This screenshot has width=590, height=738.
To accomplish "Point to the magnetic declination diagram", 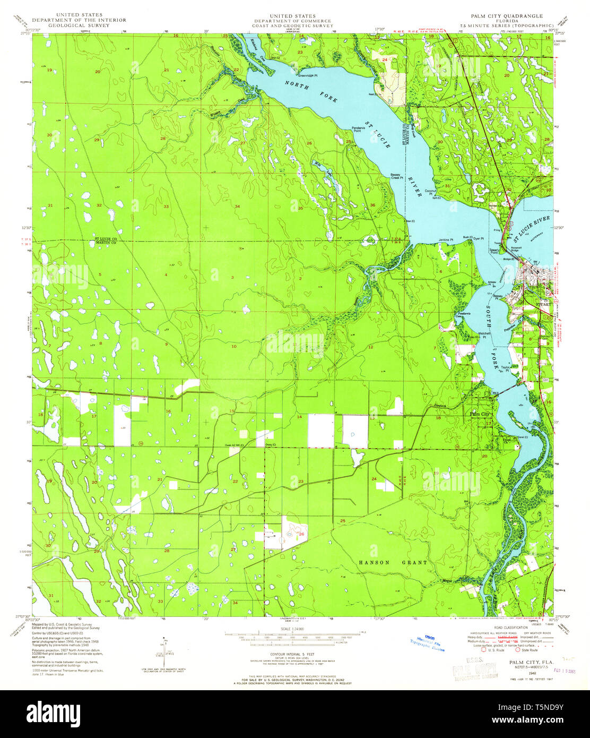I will [164, 653].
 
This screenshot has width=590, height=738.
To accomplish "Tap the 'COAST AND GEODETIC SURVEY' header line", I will [292, 25].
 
